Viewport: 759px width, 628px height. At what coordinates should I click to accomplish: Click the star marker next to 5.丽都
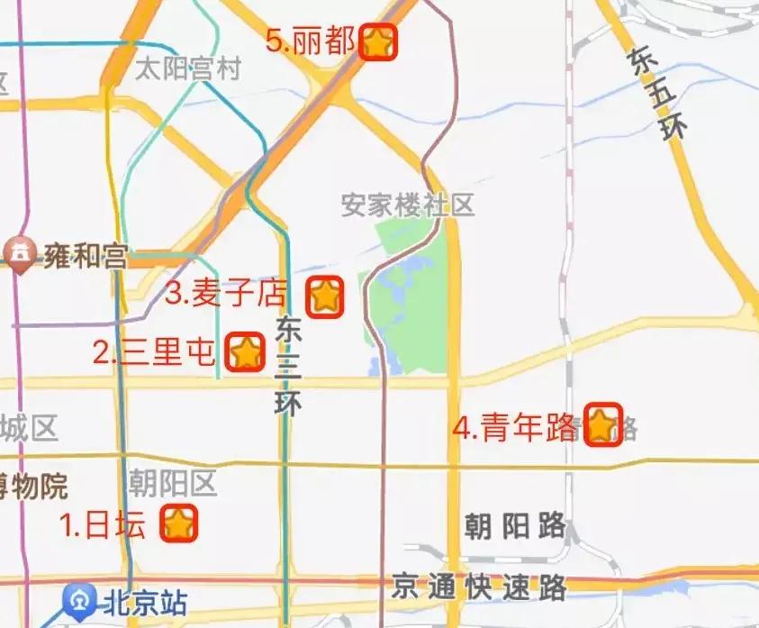pos(378,42)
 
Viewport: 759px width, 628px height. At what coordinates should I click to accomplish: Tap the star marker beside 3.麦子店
pos(324,296)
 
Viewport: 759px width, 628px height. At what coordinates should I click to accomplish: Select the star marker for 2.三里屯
pos(245,351)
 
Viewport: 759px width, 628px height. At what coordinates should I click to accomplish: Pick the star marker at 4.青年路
pos(602,424)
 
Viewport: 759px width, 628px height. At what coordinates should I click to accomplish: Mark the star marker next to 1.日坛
pos(179,523)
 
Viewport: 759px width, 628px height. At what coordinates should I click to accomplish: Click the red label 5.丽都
pos(311,41)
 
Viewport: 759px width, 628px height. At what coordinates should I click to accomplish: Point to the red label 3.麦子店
pos(227,294)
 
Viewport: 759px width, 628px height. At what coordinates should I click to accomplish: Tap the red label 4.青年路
pos(516,426)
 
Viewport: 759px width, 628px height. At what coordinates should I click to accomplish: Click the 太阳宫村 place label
pos(188,69)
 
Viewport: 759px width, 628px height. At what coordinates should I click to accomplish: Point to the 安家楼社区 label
pos(407,205)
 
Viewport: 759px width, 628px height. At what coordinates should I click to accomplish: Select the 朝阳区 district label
pos(173,484)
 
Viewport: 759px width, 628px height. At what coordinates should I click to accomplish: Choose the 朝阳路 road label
pos(515,524)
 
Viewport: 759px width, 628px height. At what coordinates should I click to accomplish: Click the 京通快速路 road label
pos(479,588)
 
